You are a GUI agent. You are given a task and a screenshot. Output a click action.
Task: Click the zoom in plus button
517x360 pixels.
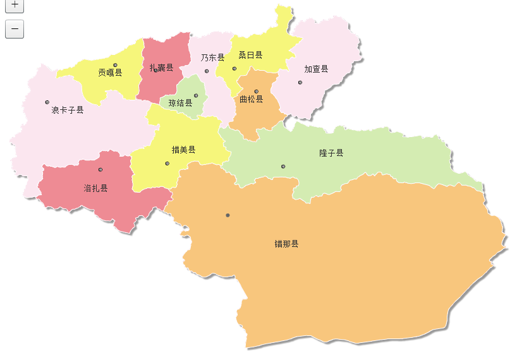click(x=14, y=5)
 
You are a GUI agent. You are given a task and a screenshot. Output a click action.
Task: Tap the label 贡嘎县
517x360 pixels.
click(x=110, y=73)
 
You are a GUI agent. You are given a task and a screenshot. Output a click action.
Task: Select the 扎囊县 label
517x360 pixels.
click(x=161, y=68)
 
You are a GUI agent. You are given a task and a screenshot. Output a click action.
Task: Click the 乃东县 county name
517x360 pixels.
click(x=212, y=57)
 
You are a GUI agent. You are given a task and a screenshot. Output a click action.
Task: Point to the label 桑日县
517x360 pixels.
click(x=250, y=56)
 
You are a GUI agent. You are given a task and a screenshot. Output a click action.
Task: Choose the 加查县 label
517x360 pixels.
click(x=316, y=69)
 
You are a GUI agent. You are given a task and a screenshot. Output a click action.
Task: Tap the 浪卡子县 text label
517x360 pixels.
click(x=68, y=110)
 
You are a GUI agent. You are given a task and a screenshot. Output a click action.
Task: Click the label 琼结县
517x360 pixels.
click(x=180, y=103)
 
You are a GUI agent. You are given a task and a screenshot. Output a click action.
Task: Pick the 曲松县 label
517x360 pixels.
click(x=251, y=99)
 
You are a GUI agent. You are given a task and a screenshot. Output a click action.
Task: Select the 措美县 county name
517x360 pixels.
click(x=184, y=150)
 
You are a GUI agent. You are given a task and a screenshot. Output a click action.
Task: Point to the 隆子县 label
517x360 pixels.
click(x=331, y=153)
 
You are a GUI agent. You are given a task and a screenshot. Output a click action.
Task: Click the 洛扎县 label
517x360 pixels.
click(x=95, y=188)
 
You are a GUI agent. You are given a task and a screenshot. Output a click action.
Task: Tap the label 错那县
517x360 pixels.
click(x=286, y=244)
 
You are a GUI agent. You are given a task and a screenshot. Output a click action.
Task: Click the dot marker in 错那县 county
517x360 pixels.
click(x=228, y=215)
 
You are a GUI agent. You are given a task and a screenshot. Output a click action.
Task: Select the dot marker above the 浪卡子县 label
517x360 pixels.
click(x=47, y=102)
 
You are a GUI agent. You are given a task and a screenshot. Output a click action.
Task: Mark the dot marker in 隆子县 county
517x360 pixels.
click(x=283, y=166)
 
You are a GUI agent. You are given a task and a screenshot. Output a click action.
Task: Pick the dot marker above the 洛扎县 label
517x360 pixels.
click(x=100, y=169)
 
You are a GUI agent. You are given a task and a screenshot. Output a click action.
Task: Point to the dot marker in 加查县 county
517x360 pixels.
click(x=300, y=81)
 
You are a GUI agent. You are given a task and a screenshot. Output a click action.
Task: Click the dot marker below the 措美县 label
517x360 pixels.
click(x=167, y=164)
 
